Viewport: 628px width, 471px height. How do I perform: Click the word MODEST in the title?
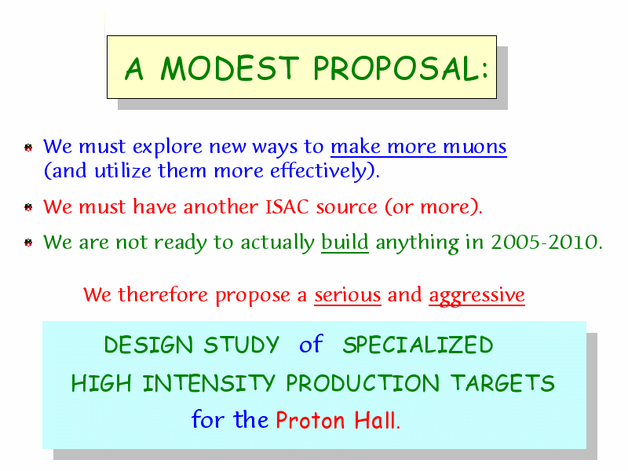point(229,68)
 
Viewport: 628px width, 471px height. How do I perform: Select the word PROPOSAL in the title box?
point(396,68)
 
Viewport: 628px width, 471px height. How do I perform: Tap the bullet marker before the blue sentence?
point(28,148)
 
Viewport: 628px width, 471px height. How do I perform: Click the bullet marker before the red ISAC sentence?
point(28,207)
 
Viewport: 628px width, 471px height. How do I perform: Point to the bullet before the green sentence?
point(28,243)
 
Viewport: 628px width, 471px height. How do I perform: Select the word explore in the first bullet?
point(167,148)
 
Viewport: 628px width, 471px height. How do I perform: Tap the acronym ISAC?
point(287,207)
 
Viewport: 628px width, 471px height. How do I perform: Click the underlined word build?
point(345,242)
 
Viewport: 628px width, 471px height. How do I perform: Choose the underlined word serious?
point(347,296)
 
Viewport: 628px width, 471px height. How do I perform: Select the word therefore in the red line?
point(162,295)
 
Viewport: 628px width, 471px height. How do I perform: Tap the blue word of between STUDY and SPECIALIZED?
point(311,344)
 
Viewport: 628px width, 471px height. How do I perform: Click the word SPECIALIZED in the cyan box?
point(418,345)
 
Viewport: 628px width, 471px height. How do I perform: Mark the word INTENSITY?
point(209,383)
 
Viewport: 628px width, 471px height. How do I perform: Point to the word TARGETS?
point(502,383)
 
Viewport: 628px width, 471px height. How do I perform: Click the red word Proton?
point(310,421)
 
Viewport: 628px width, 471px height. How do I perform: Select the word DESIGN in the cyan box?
point(148,345)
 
